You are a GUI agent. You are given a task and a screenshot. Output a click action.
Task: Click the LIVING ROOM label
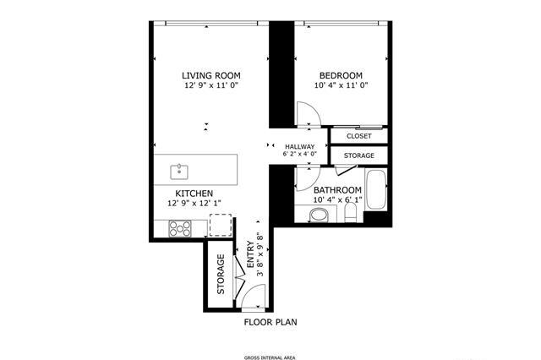tap(211, 75)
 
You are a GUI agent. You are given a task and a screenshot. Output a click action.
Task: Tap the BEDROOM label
tap(341, 75)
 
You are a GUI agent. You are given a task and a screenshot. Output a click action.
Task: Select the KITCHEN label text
tap(194, 194)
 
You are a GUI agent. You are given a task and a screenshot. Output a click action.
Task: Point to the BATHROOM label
tap(338, 190)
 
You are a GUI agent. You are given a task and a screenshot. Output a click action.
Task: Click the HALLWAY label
tap(300, 146)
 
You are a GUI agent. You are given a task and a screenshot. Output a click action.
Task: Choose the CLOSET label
tap(359, 136)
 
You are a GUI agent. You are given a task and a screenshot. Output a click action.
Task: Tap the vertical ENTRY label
tap(251, 254)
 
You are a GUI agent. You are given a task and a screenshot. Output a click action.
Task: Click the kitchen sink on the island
tap(179, 172)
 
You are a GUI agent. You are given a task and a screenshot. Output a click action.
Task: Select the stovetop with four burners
tap(180, 228)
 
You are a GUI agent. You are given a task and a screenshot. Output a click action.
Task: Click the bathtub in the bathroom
tap(375, 189)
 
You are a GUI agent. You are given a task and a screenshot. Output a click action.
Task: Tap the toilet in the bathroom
tap(351, 212)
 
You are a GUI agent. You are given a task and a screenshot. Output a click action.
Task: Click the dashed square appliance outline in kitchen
tap(221, 225)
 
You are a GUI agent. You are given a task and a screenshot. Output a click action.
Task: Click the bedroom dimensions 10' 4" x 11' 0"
tap(341, 85)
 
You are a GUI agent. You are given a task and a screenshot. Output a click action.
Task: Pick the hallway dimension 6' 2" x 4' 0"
tap(300, 154)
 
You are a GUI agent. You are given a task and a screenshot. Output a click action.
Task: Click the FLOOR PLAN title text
tap(270, 323)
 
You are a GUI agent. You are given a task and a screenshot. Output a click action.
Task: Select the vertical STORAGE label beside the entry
tap(221, 274)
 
